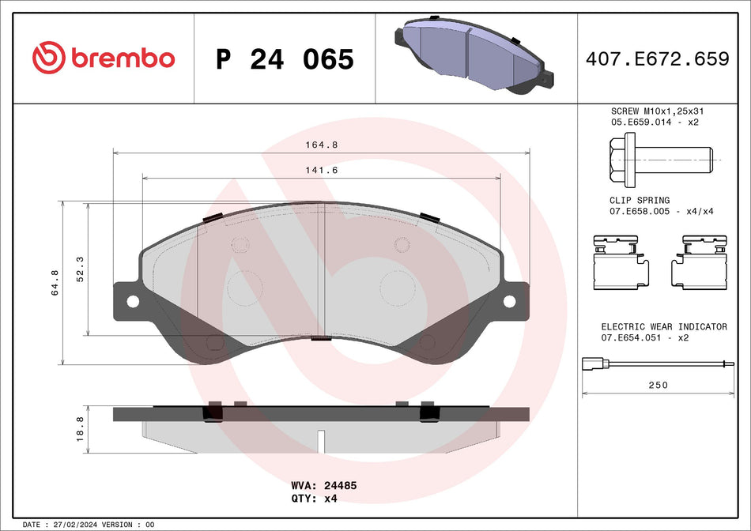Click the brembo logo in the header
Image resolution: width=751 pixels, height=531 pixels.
tap(103, 58)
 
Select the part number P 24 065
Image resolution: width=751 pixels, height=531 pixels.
tap(285, 58)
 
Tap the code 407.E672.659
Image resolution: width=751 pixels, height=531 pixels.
tap(656, 58)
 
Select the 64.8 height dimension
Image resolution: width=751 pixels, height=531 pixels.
tap(55, 283)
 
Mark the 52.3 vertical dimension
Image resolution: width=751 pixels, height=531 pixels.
tap(79, 269)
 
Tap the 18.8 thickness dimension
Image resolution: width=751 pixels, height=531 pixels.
tap(79, 430)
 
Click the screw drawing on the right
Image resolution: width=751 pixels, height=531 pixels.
tap(660, 159)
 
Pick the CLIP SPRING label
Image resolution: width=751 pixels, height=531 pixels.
tap(639, 201)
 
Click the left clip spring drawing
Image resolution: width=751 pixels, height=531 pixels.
tap(621, 262)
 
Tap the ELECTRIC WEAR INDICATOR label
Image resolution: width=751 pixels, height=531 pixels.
tap(664, 326)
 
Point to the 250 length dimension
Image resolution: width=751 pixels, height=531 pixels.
tap(658, 385)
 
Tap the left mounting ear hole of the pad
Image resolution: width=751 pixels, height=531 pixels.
tap(132, 301)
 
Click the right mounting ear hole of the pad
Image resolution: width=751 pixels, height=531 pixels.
tap(509, 301)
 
